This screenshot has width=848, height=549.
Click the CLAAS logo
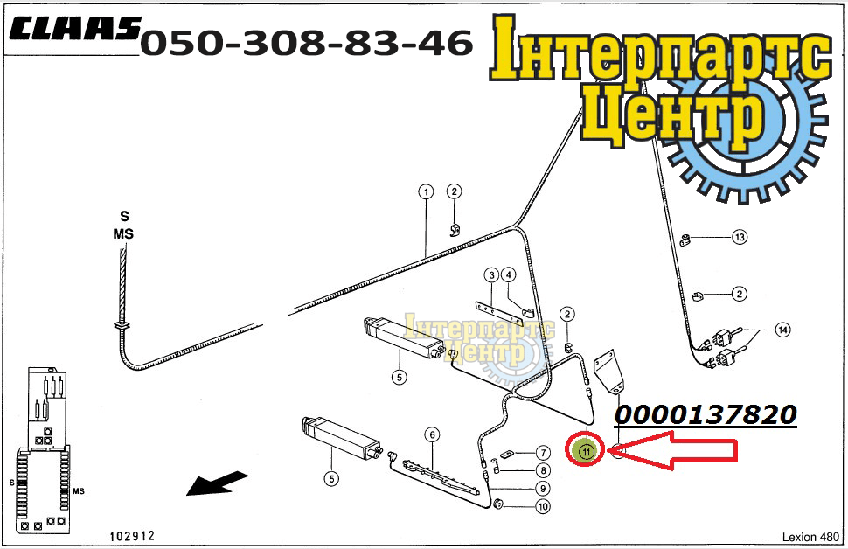pos(74,29)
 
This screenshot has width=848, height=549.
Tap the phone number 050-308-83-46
pos(307,43)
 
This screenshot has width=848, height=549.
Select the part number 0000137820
pos(706,415)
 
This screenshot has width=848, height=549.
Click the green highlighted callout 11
pos(586,450)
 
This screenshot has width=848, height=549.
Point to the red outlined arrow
pos(672,450)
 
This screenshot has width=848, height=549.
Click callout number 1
pos(426,191)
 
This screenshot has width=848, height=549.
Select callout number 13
pos(740,237)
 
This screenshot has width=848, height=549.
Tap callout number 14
pos(782,330)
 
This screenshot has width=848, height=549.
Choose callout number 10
pos(543,506)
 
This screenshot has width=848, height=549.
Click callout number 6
pos(432,434)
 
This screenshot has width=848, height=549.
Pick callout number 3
pos(491,275)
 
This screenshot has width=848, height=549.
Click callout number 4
pos(509,274)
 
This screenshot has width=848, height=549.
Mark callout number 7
pos(543,453)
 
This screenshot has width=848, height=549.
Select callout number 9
pos(543,489)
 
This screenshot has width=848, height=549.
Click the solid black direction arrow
pos(217,483)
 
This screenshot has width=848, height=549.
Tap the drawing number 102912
pos(133,536)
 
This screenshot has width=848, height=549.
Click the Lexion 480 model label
pos(810,537)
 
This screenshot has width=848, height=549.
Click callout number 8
pos(543,470)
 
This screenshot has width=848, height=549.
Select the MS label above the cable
pos(123,234)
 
